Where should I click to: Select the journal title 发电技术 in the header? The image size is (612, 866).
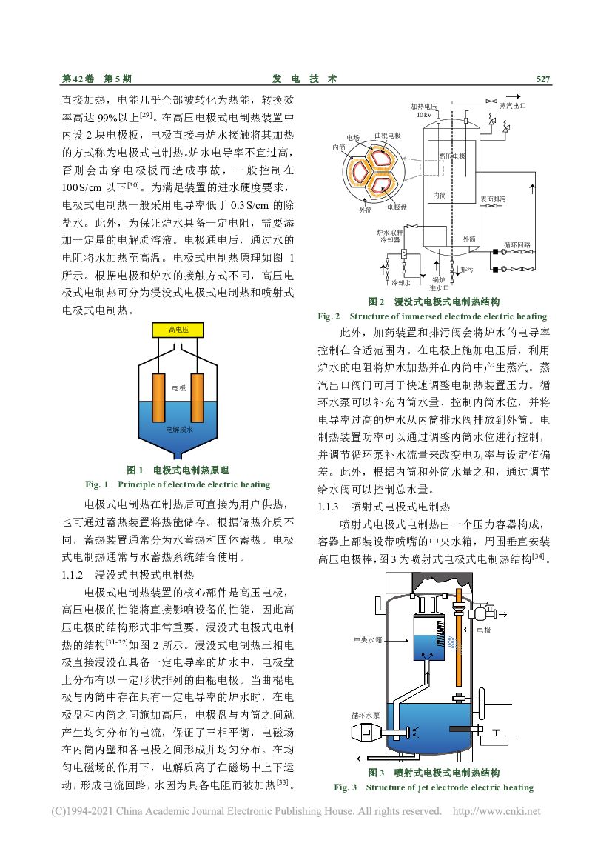[305, 79]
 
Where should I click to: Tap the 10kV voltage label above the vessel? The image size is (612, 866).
[423, 115]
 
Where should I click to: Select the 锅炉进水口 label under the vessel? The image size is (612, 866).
[439, 284]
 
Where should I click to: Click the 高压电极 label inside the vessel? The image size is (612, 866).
[452, 156]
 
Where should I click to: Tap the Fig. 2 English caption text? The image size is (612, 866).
[432, 316]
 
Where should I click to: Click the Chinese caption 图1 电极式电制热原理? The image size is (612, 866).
[178, 470]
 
